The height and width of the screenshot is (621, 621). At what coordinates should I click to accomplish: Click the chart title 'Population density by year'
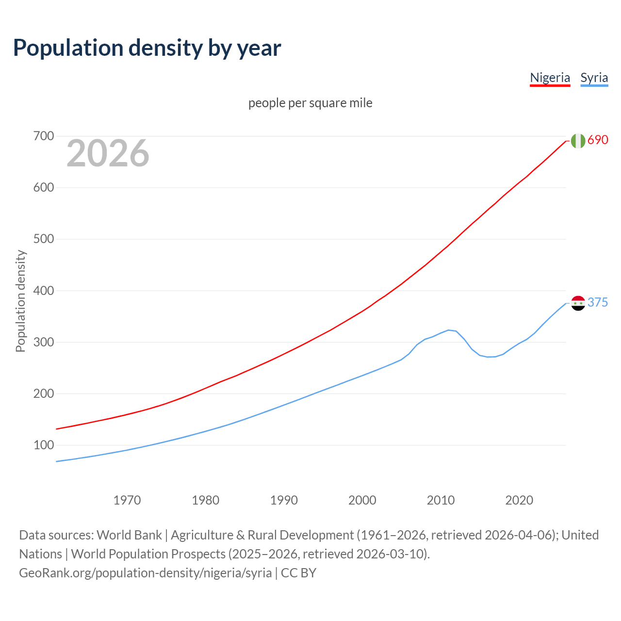147,48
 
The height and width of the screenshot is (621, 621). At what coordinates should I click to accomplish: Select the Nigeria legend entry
550,78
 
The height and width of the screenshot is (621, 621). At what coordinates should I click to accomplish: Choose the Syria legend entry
594,78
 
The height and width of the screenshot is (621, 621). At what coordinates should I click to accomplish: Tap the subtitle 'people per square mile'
310,103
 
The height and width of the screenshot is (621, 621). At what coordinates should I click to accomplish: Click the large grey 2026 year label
108,153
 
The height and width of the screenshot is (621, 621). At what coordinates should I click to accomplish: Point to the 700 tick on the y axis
43,136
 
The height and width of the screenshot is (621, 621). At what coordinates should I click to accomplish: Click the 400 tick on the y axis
43,291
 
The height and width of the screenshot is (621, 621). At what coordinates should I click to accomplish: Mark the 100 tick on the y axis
43,445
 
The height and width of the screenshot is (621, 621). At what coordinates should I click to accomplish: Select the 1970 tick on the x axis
127,500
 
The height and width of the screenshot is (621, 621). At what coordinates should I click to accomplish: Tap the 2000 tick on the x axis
362,500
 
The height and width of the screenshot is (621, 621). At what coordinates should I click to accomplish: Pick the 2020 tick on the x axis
519,500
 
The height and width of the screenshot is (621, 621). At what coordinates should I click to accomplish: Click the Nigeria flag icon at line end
578,141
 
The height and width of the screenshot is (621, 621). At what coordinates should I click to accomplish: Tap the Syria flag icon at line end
578,303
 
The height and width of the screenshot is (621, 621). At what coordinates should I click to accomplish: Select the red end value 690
598,140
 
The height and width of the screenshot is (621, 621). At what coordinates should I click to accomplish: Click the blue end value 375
598,303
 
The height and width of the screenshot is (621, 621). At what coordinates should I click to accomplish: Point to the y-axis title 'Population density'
20,301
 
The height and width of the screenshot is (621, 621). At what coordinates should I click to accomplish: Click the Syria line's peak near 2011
449,330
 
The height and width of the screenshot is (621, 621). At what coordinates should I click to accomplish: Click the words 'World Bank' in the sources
129,535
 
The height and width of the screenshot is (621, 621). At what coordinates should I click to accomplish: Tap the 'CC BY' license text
298,573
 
